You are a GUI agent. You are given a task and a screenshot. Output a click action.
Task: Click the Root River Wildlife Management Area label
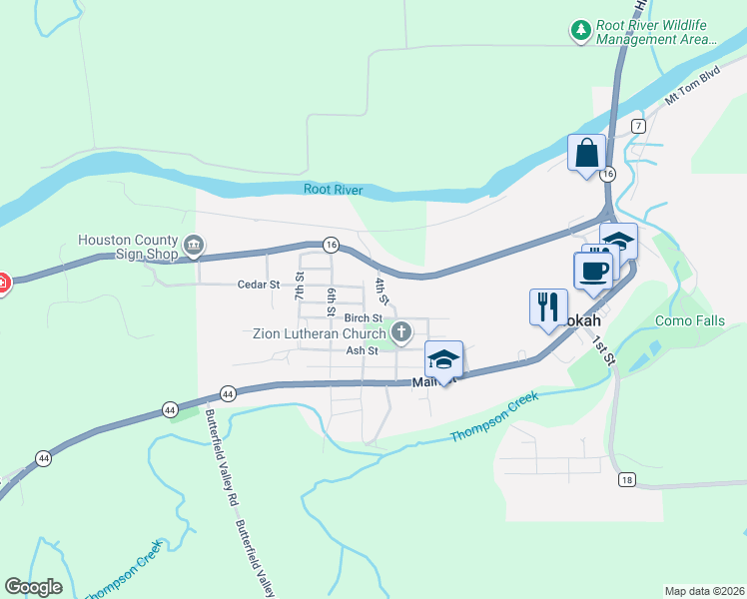tap(656, 33)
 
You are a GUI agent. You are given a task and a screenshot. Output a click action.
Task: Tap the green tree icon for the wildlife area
tap(581, 31)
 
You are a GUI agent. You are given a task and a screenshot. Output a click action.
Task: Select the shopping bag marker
tap(586, 154)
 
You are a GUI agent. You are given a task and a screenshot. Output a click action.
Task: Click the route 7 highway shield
tap(638, 126)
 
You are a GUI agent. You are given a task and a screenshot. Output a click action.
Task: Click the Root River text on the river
tap(334, 190)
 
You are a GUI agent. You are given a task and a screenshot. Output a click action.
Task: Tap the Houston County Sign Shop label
tap(129, 247)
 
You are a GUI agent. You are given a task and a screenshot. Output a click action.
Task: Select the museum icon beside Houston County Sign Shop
tap(194, 244)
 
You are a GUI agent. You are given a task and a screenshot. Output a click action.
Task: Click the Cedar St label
tap(259, 285)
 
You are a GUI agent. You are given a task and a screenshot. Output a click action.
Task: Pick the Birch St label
tap(364, 318)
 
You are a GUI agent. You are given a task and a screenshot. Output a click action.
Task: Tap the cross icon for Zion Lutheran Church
tap(401, 332)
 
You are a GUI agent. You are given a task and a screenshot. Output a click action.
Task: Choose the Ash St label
tap(362, 350)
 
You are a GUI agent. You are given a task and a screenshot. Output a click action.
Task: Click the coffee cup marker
tap(593, 272)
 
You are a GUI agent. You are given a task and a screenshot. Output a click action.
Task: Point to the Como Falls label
tap(689, 321)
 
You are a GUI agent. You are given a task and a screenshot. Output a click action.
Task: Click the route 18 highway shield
tap(626, 480)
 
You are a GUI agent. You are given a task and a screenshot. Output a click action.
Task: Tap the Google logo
tap(33, 587)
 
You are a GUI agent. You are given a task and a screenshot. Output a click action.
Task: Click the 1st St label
tap(603, 352)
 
